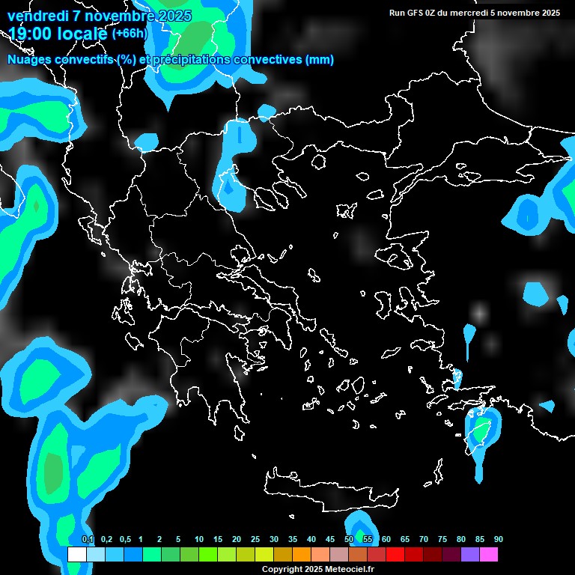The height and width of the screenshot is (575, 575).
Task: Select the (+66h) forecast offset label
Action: (x=130, y=34)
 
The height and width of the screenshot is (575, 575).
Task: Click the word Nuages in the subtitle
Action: (x=29, y=60)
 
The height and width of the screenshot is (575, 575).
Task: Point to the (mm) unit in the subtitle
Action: (x=320, y=60)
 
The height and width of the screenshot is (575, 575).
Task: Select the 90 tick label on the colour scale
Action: (x=498, y=539)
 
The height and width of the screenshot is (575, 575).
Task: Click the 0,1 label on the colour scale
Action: (x=88, y=539)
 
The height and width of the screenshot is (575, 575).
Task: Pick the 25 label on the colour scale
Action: (x=255, y=539)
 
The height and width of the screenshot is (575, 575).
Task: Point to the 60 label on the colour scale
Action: (x=386, y=539)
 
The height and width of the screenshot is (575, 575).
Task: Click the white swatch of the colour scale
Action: (x=76, y=554)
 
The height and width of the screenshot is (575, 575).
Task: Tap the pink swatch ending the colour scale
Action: (x=489, y=554)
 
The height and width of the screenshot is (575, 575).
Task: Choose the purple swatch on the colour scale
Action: (x=470, y=554)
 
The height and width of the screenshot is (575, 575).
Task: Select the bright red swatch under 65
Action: (x=414, y=554)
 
